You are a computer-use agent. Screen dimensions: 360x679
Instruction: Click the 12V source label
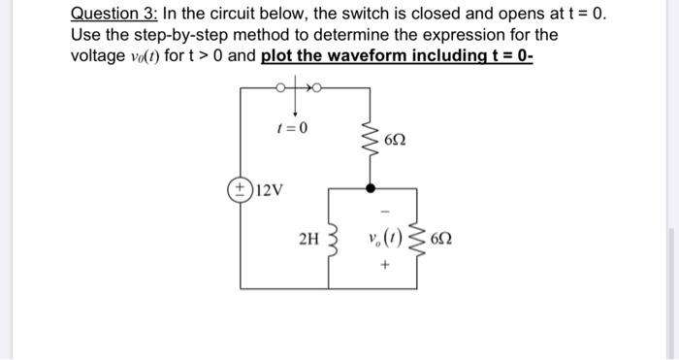pyautogui.click(x=270, y=188)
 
